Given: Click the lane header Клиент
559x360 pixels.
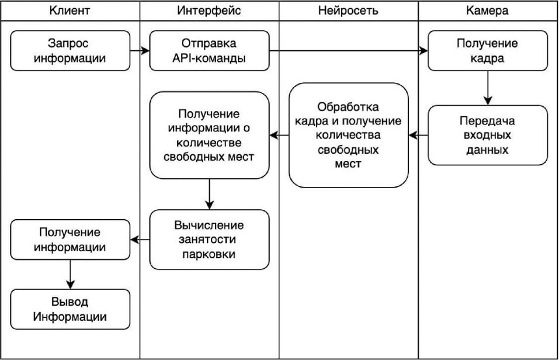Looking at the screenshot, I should click(x=70, y=11).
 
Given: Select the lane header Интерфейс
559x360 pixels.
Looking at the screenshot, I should click(x=209, y=11).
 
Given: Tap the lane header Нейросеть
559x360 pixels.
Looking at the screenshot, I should click(x=348, y=11).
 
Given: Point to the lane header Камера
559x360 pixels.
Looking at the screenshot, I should click(x=488, y=11).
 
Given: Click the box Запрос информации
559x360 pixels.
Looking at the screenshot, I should click(x=70, y=51).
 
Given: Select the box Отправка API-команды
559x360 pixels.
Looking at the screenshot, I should click(x=209, y=51).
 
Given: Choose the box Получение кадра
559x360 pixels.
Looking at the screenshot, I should click(x=488, y=51).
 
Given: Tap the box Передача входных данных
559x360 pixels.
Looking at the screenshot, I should click(x=488, y=135).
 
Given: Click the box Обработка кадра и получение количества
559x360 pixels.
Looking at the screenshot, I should click(x=348, y=135).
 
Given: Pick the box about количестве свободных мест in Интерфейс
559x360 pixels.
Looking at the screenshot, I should click(x=209, y=135).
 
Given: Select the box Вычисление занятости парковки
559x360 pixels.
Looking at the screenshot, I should click(x=209, y=239).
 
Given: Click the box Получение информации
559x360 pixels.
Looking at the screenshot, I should click(x=70, y=240).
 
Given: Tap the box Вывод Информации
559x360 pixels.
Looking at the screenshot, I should click(x=70, y=309).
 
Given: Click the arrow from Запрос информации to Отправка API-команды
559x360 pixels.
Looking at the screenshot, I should click(x=140, y=51).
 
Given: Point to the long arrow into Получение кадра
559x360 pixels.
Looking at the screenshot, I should click(x=349, y=51).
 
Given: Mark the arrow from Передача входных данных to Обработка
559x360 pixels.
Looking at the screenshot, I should click(x=418, y=136).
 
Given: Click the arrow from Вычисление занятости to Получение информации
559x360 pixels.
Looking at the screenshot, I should click(x=140, y=239).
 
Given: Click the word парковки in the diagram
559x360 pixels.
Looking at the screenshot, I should click(x=209, y=254).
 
